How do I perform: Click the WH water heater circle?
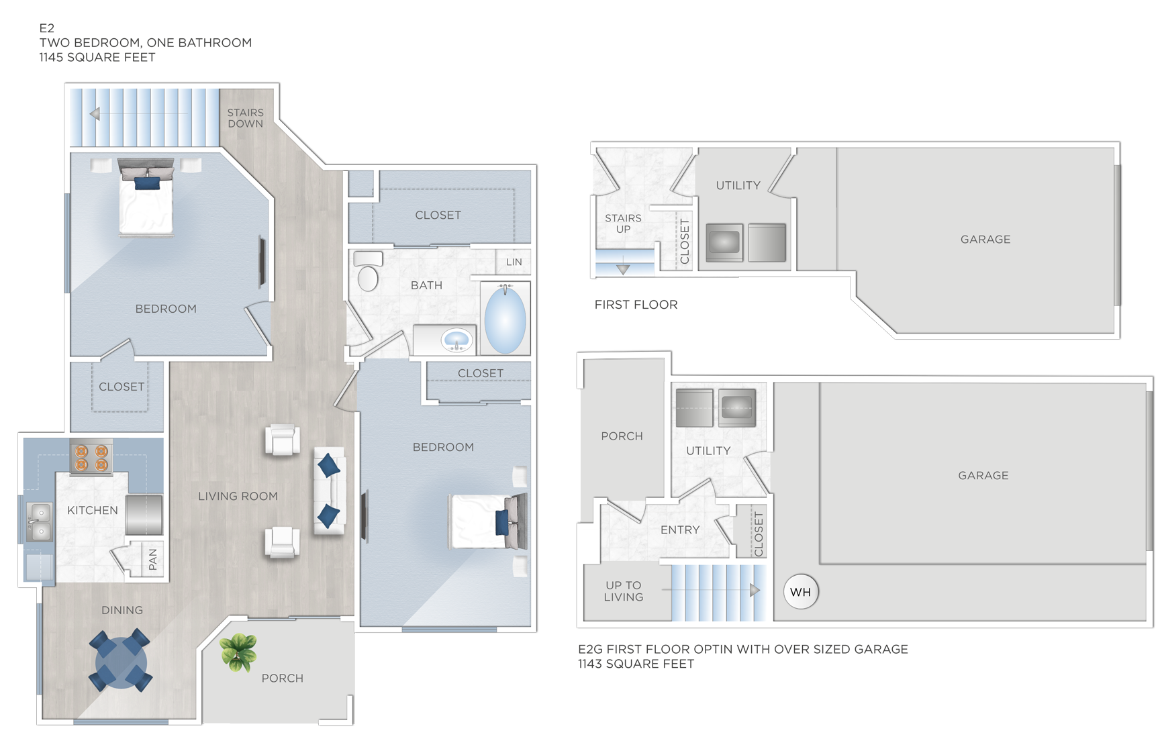[x=800, y=592]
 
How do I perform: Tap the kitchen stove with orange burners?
[x=91, y=457]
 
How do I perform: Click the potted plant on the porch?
[x=238, y=652]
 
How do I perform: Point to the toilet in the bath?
[x=367, y=272]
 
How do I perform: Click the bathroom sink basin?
[x=457, y=340]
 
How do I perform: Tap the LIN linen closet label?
[x=514, y=262]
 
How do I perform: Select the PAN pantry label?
[x=153, y=558]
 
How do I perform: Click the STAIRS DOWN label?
[x=245, y=118]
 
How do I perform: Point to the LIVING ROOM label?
[x=238, y=496]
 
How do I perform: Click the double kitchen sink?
[x=40, y=522]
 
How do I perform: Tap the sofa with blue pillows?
[x=329, y=491]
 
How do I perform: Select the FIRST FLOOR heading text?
[x=636, y=305]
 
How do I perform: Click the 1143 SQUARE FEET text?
[x=636, y=664]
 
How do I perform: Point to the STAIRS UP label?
[x=623, y=223]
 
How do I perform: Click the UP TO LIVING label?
[x=623, y=591]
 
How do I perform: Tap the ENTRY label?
[x=679, y=530]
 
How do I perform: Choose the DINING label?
[x=122, y=610]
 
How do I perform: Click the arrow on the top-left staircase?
[x=95, y=114]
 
